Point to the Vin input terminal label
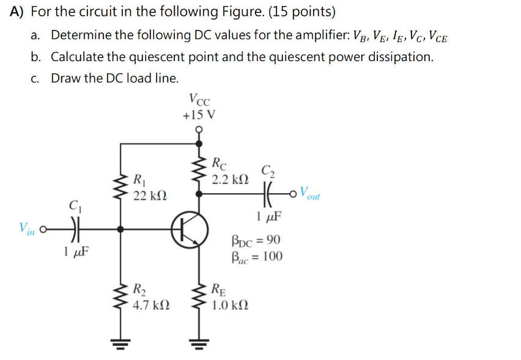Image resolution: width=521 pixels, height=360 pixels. pyautogui.click(x=26, y=229)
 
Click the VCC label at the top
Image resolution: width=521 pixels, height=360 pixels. pyautogui.click(x=200, y=98)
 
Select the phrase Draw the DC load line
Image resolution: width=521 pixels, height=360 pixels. pyautogui.click(x=115, y=78)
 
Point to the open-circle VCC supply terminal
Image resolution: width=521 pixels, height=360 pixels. pyautogui.click(x=199, y=129)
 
